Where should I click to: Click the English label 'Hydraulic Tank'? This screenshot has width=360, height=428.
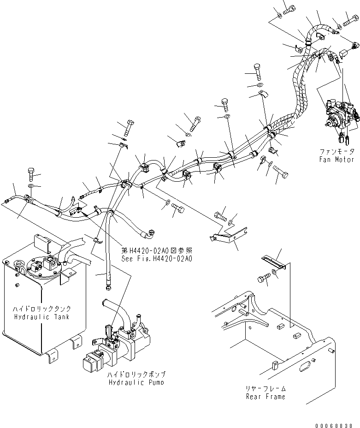coord(42,317)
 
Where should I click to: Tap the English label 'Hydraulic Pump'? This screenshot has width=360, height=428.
coord(136,382)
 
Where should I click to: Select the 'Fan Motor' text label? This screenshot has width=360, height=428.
coord(336,160)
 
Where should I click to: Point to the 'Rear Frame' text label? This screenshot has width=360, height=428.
coord(266,397)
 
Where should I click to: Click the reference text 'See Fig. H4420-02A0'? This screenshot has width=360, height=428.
coord(157,258)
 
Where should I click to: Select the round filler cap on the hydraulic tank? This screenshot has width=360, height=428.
coord(20,264)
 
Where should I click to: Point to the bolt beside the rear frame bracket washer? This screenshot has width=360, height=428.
coord(263,279)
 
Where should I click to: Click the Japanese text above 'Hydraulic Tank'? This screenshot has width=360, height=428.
coord(42,309)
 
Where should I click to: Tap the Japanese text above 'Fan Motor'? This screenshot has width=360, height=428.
coord(337,151)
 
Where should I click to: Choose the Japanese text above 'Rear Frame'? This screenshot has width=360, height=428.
coord(266,388)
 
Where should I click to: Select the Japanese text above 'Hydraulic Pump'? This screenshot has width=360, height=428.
coord(136,374)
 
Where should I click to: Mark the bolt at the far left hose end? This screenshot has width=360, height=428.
coord(30,174)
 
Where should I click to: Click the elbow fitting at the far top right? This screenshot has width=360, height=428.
coord(355,46)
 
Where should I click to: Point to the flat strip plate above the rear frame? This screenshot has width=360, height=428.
coord(273,262)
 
